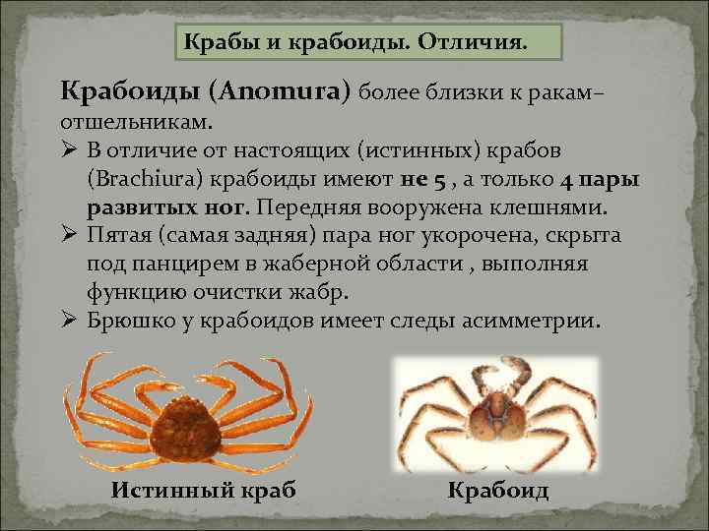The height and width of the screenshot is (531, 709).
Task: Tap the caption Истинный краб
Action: coord(203,491)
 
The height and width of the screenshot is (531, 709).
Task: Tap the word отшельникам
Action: coord(122,123)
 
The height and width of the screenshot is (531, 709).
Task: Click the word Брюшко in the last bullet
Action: coord(134,322)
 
